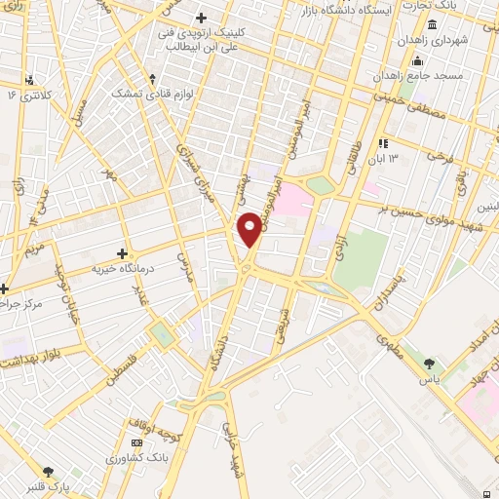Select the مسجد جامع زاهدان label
point(429,75)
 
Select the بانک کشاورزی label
point(112,457)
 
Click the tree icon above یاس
point(429,364)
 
